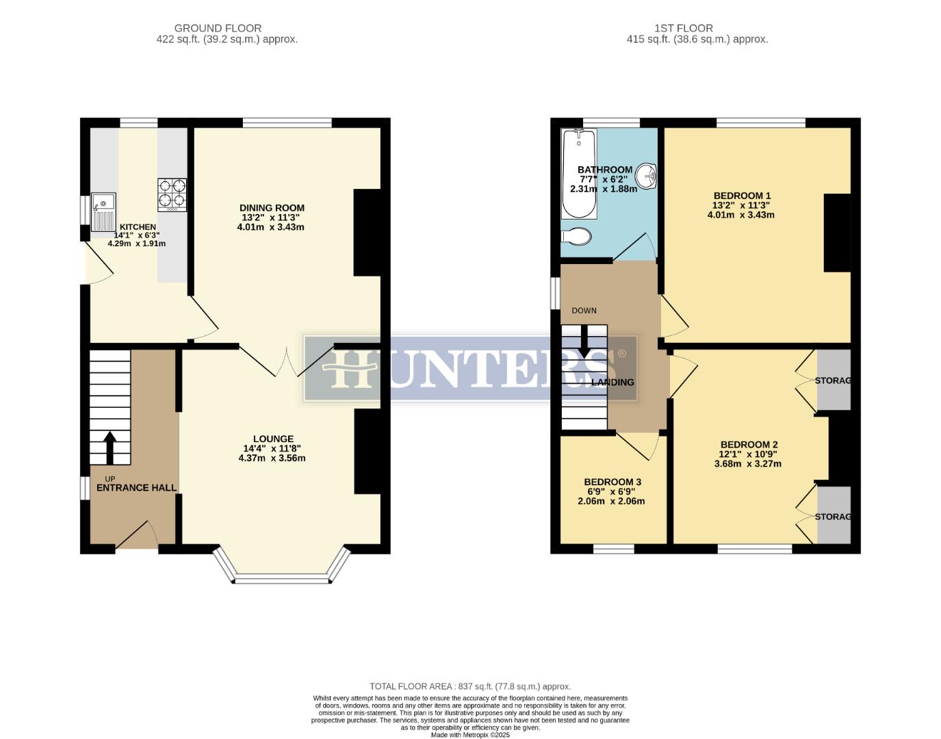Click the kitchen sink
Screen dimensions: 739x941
[x=104, y=211]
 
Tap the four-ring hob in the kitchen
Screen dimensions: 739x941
[x=172, y=194]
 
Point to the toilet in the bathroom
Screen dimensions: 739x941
[x=577, y=237]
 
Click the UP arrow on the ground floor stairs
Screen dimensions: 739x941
[x=109, y=446]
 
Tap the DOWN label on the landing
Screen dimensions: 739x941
[x=584, y=311]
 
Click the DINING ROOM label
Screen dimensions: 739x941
[x=272, y=208]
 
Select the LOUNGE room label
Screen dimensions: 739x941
[x=273, y=439]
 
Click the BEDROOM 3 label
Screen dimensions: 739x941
[x=612, y=482]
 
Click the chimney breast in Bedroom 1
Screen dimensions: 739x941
[x=836, y=233]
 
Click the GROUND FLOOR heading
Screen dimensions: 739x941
[x=218, y=28]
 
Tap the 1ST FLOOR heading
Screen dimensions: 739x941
[x=683, y=28]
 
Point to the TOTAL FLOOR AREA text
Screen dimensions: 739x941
[x=469, y=686]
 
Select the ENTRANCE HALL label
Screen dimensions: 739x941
[x=136, y=488]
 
